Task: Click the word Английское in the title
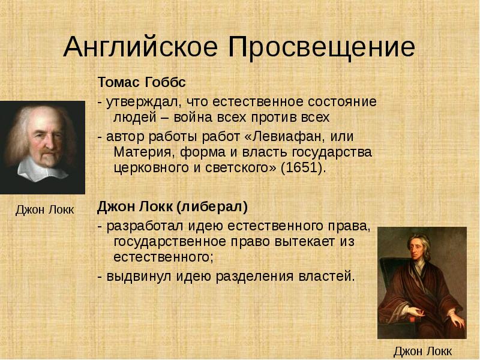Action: (140, 47)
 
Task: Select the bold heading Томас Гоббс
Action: (142, 82)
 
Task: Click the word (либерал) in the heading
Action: (212, 207)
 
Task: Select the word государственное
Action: (170, 242)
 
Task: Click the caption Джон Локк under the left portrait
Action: (44, 209)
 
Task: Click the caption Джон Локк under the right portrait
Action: (422, 351)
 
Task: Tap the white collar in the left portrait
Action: (42, 169)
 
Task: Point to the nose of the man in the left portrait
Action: (47, 142)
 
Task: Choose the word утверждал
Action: (142, 102)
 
